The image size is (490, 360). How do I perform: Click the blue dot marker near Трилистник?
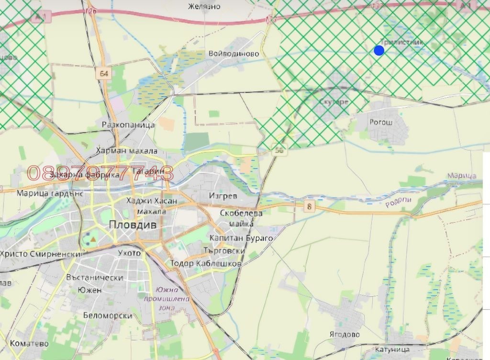tap(379, 50)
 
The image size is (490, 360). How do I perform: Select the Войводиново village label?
tap(234, 54)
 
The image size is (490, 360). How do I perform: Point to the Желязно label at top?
tap(204, 6)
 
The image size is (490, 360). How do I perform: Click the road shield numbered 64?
tap(104, 73)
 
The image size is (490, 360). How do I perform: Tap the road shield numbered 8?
tap(310, 206)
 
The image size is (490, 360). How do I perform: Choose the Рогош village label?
tap(381, 122)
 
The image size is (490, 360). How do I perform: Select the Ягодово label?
tap(345, 334)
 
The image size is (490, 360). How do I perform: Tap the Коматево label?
tap(29, 344)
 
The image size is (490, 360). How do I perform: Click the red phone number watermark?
tap(100, 173)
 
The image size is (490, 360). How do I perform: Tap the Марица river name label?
tap(462, 176)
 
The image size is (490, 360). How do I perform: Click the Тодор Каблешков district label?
tap(205, 263)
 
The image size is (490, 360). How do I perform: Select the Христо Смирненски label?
tap(41, 254)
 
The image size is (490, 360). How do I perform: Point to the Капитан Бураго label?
tap(241, 238)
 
